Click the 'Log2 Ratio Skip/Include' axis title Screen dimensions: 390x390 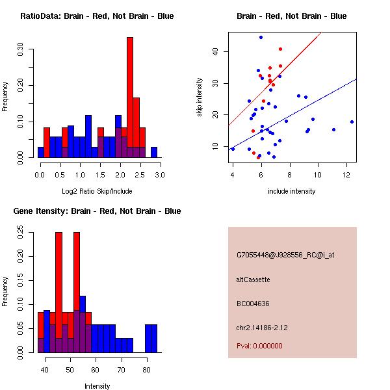tap(97, 192)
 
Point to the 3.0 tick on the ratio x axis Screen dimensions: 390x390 tap(160, 175)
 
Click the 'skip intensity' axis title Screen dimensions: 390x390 tap(200, 97)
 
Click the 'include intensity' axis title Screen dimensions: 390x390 tap(292, 192)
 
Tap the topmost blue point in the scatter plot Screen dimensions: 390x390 tap(261, 37)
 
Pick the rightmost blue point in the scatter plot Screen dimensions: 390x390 tap(352, 122)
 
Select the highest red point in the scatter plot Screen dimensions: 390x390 tap(280, 49)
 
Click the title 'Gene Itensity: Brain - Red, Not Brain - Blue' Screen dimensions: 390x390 tap(97, 211)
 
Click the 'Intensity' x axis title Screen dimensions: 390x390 tap(97, 387)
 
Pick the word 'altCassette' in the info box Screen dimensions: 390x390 tap(253, 279)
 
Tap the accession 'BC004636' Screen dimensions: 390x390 tap(253, 304)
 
